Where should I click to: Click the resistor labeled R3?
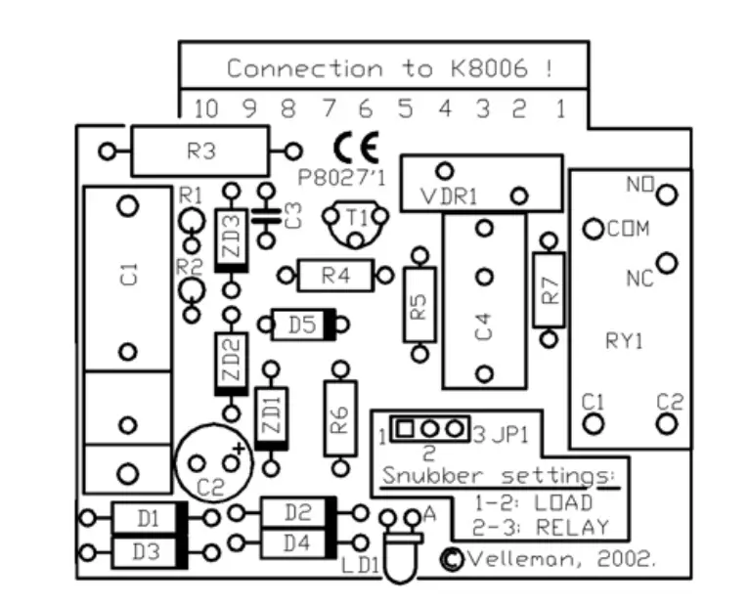pos(199,151)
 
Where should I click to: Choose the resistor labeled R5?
pos(420,307)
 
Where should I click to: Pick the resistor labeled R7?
pos(550,291)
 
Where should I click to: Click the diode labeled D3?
pos(148,551)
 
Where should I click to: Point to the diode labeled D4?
pos(297,541)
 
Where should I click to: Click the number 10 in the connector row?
pos(205,108)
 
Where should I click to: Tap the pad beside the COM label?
pos(592,230)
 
